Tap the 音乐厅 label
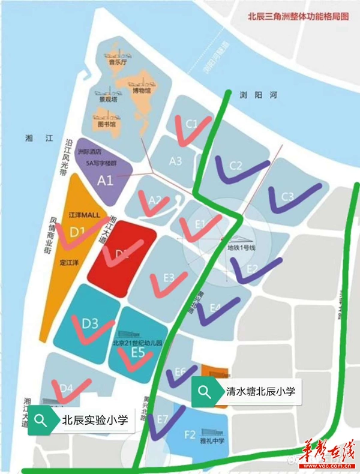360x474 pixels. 116,61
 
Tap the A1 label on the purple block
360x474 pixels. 106,179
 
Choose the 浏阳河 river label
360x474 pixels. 251,95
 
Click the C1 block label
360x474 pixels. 191,124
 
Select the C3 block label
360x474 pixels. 287,196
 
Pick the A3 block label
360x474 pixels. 175,161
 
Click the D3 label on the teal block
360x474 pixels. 90,324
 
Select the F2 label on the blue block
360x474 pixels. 190,434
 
